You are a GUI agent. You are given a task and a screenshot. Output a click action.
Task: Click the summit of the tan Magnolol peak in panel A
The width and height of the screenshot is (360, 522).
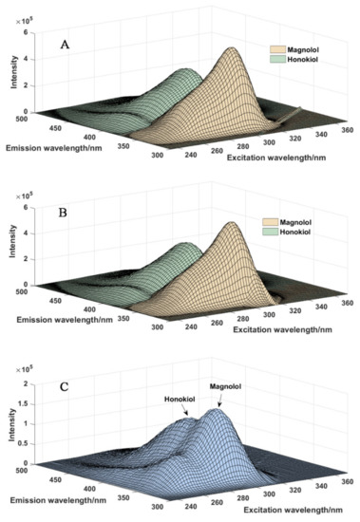point(232,50)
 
